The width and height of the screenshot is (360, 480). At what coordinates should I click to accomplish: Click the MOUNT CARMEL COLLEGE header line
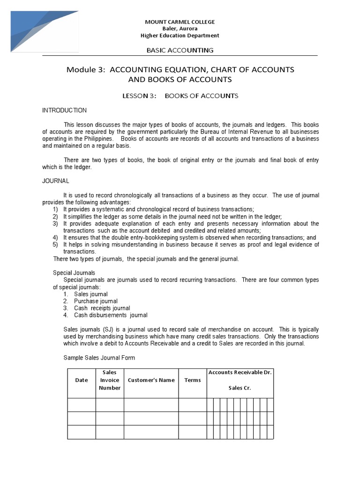(180, 22)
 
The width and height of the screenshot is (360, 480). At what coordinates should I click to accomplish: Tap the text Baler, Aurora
(180, 29)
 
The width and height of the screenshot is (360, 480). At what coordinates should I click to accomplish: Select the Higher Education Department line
(180, 36)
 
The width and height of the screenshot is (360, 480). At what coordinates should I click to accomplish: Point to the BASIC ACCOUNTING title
(180, 50)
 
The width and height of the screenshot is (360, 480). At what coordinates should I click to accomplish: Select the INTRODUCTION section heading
(64, 111)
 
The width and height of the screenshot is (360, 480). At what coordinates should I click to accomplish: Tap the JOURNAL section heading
(55, 180)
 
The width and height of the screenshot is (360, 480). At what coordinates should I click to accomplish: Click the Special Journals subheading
(74, 273)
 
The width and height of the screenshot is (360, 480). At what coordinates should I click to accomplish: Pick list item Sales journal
(90, 294)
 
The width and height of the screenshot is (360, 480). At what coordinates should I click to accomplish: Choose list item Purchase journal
(96, 301)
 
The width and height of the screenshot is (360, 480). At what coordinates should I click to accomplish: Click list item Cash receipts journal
(102, 308)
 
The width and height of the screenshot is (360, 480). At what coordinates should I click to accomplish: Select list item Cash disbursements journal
(111, 315)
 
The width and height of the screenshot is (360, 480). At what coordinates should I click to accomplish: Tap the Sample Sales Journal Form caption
(99, 358)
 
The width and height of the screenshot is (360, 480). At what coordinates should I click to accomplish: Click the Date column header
(82, 380)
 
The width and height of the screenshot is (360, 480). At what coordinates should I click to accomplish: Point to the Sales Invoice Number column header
(110, 380)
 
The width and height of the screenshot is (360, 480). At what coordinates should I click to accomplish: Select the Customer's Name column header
(151, 380)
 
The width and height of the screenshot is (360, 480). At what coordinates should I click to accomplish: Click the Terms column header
(192, 380)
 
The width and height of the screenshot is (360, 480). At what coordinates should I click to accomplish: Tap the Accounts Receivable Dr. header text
(240, 372)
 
